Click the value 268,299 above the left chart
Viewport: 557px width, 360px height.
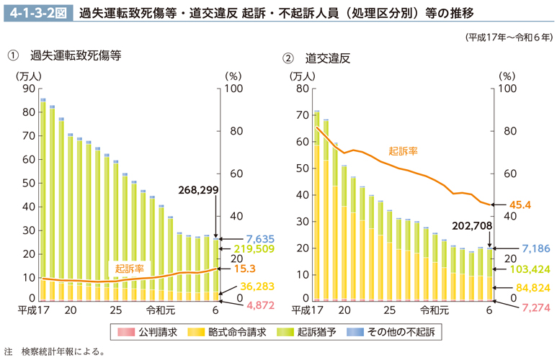pyautogui.click(x=199, y=190)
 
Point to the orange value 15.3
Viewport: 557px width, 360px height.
pyautogui.click(x=244, y=269)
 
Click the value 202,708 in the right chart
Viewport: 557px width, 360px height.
pyautogui.click(x=473, y=226)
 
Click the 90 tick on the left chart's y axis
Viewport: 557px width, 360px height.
pyautogui.click(x=28, y=89)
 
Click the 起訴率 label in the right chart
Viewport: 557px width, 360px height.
pyautogui.click(x=403, y=151)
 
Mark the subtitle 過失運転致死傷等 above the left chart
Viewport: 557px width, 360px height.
pyautogui.click(x=75, y=55)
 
